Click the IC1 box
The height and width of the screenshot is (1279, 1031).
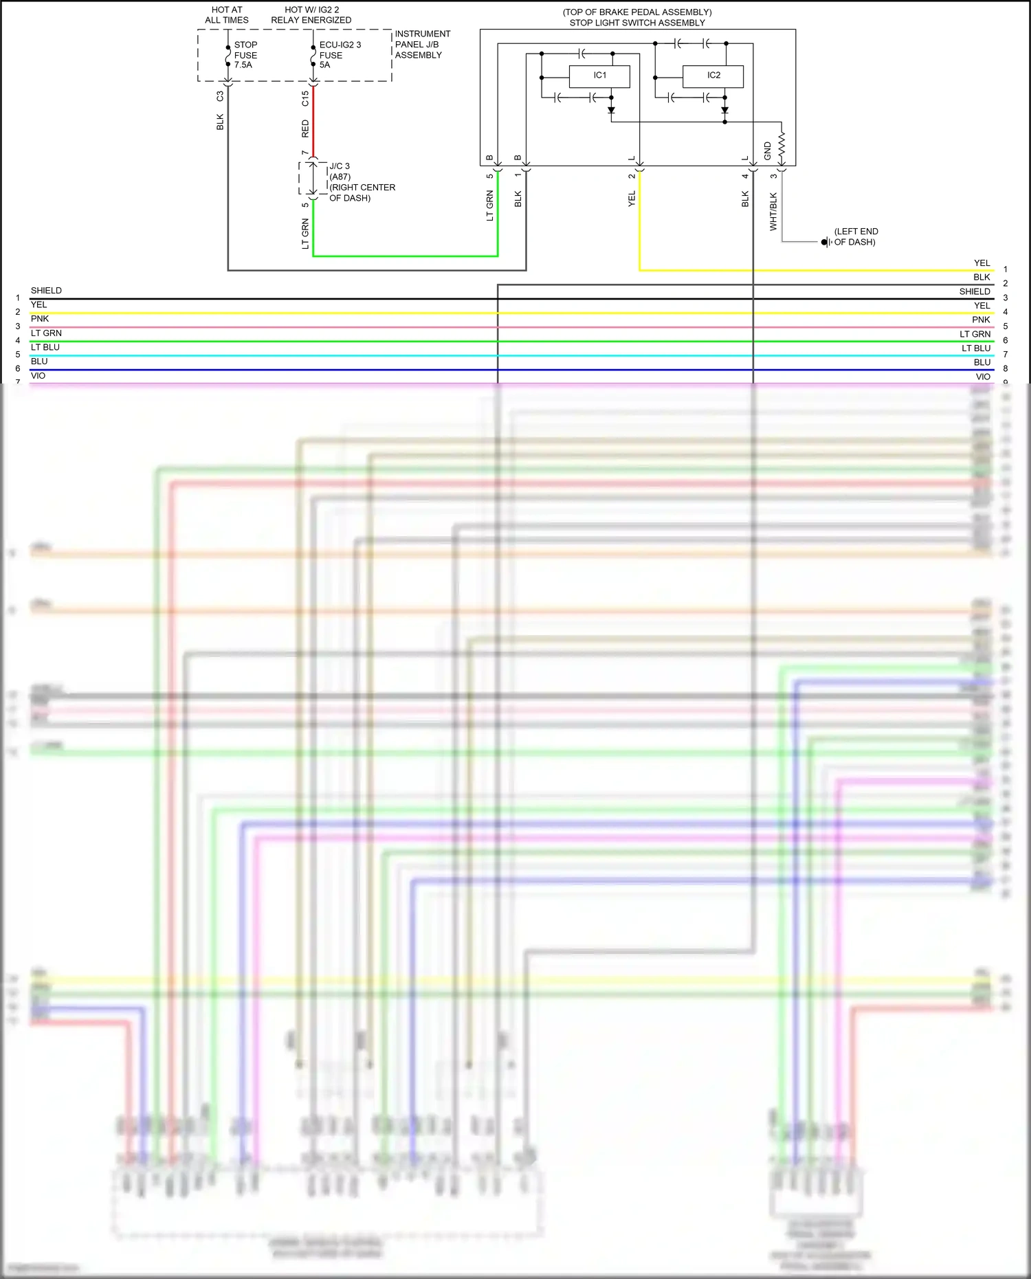tap(599, 76)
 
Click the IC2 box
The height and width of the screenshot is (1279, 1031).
tap(713, 76)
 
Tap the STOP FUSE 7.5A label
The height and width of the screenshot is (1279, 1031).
tap(245, 55)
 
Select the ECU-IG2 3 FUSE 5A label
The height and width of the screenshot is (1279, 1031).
tap(339, 55)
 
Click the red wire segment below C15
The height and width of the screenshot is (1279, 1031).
tap(313, 124)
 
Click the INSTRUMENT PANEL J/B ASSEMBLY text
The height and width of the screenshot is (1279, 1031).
tap(421, 44)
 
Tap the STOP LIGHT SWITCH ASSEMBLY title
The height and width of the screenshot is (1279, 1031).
tap(636, 23)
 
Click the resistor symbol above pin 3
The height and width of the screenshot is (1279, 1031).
tap(781, 146)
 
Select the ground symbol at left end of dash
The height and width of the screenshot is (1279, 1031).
tap(825, 242)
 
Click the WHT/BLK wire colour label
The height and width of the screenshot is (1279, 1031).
tap(773, 211)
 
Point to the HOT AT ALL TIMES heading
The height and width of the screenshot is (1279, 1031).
tap(227, 15)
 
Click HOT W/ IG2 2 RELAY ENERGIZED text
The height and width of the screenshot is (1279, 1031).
tap(311, 15)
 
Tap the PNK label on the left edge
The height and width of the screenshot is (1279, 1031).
tap(40, 319)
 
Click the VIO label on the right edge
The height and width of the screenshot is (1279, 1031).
tap(983, 377)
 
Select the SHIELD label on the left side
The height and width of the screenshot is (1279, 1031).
tap(46, 291)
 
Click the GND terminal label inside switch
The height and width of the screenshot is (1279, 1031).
tap(768, 151)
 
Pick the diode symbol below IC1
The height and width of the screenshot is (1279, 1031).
tap(611, 110)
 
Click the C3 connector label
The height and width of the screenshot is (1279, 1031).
tap(220, 96)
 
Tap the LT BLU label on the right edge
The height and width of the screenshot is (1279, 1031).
tap(976, 348)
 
